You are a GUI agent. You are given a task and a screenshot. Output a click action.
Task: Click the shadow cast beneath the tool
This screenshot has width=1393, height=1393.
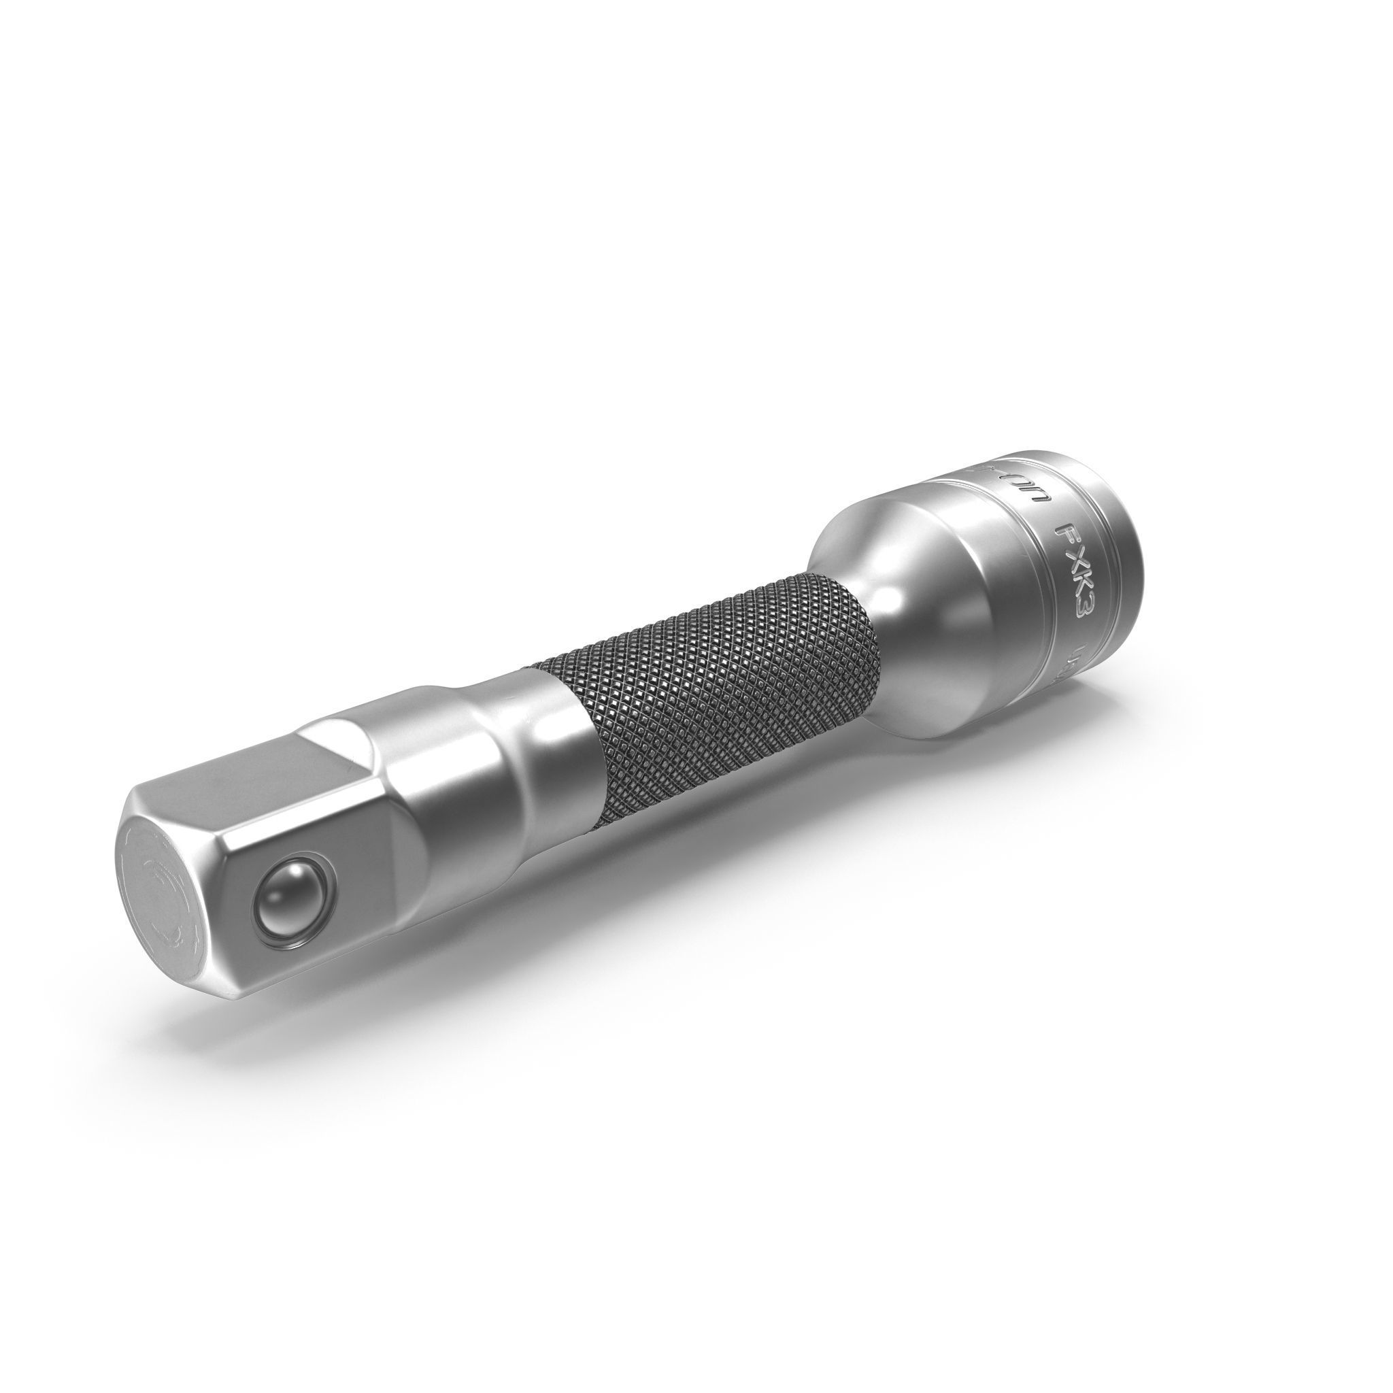click(x=505, y=959)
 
